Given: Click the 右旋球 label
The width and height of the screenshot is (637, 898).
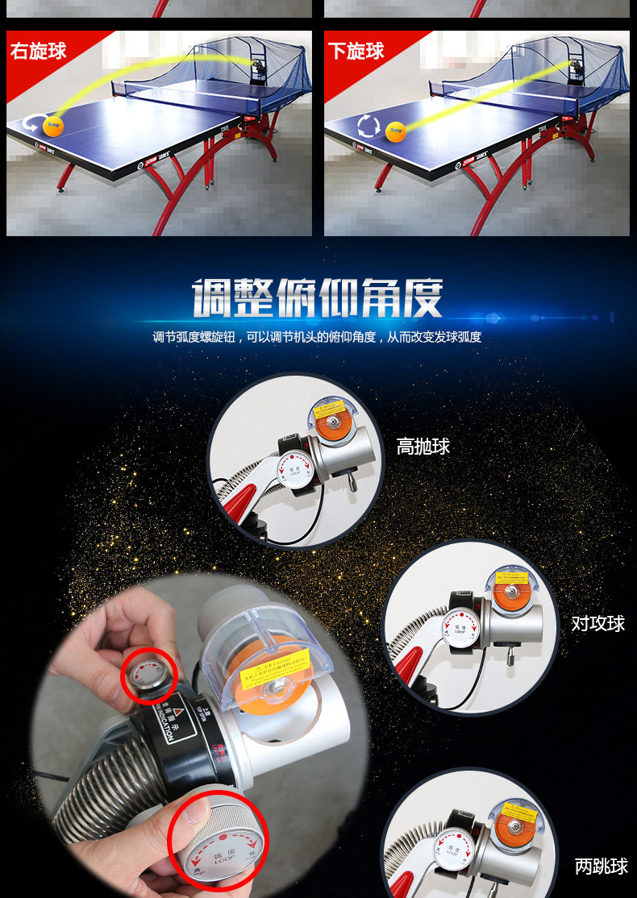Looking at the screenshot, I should (x=38, y=52).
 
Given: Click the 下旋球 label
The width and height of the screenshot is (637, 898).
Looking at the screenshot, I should (x=356, y=52).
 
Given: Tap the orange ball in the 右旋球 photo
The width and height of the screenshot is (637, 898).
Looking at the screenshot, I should (x=53, y=125).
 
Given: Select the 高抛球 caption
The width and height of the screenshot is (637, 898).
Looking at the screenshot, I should (x=423, y=447).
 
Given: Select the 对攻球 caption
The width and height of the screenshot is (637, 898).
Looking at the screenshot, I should (x=598, y=623).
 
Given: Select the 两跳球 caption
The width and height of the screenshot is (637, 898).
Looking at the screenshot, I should (x=601, y=867).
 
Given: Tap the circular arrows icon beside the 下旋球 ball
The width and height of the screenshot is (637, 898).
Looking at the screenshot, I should (x=368, y=127).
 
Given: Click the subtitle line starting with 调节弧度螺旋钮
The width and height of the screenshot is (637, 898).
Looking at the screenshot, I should (x=318, y=337).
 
